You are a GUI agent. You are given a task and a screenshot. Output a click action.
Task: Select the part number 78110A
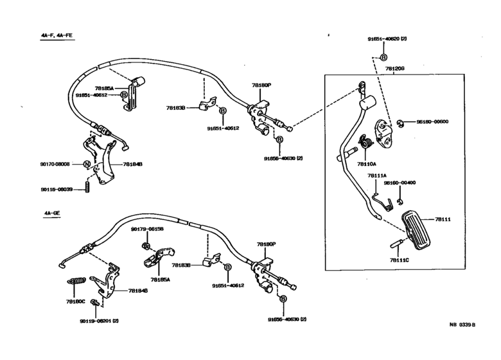(x=367, y=163)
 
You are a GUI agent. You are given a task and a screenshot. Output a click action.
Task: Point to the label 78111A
(x=376, y=175)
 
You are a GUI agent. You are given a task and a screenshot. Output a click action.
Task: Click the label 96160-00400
(x=400, y=183)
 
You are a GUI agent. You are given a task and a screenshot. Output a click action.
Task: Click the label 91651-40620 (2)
(x=387, y=39)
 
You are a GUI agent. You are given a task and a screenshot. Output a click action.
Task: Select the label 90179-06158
(x=148, y=229)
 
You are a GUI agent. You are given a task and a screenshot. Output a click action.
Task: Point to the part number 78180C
(x=76, y=300)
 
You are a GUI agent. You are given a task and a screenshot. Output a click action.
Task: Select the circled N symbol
(x=85, y=164)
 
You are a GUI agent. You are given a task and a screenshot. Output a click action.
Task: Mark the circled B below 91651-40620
(x=383, y=57)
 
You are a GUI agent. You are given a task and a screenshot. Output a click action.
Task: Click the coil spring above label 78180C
(x=77, y=281)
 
